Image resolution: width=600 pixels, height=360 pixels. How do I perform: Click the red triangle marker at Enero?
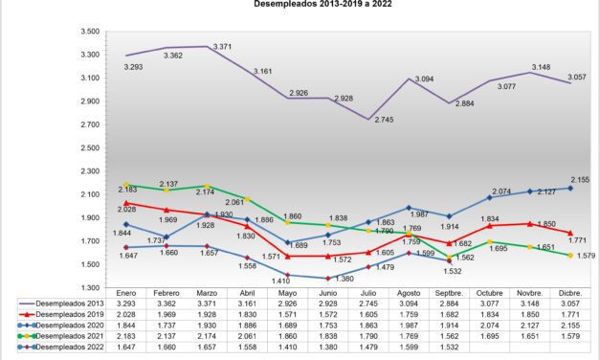pyautogui.click(x=125, y=203)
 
